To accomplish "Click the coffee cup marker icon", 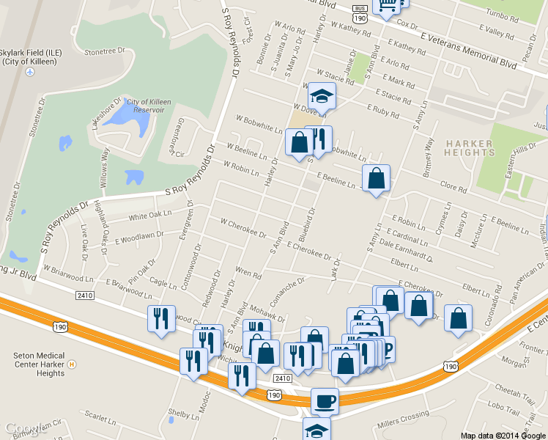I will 325,401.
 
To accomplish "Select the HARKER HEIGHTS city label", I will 469,147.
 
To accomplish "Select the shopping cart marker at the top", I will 386,5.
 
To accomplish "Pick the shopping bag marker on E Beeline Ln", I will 376,178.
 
